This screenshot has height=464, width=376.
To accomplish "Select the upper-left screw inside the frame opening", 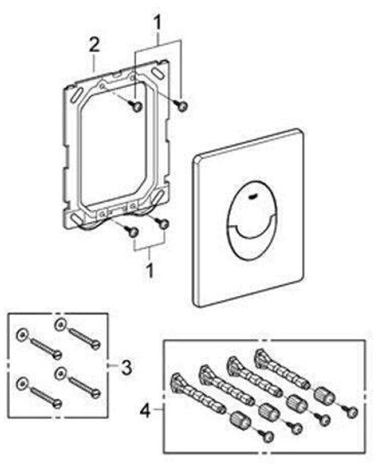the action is (x=137, y=106).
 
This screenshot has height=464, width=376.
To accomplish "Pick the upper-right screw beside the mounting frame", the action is (x=183, y=106).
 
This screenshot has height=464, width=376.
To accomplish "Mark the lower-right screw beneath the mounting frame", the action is (x=163, y=224).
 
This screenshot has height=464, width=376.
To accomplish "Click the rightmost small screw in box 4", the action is (x=350, y=411).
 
